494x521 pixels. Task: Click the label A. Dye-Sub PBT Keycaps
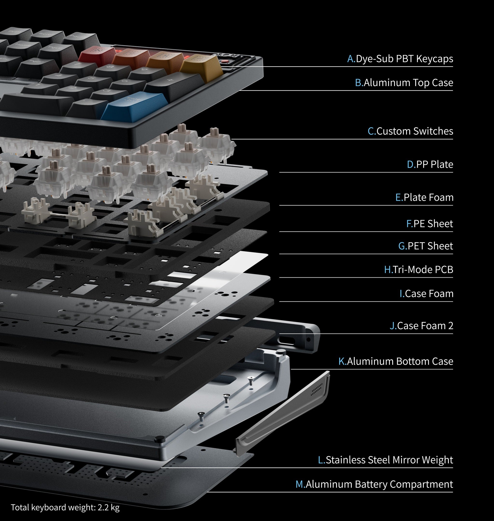pos(400,59)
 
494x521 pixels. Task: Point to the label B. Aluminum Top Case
pos(404,83)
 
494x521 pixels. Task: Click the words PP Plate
pos(434,164)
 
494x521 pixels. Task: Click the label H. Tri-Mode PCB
pos(419,269)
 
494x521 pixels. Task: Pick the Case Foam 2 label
pos(421,326)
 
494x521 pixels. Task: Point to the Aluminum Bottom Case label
pos(396,361)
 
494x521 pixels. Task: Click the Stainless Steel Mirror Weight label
pos(385,460)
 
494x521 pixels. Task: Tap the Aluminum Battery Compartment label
pos(374,484)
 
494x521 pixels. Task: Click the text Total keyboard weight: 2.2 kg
pos(65,507)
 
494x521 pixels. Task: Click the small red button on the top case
pos(225,61)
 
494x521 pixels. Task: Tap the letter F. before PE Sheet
pos(409,224)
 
